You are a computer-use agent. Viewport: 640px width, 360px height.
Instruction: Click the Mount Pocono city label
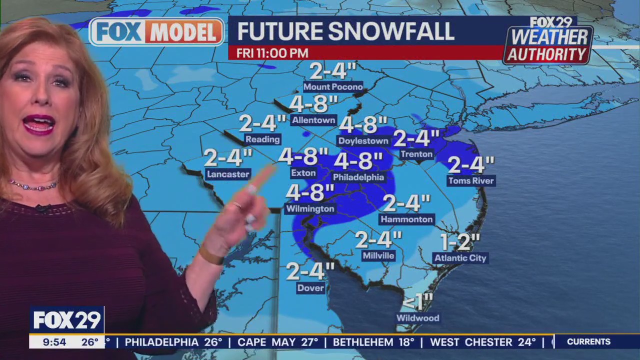pyautogui.click(x=333, y=87)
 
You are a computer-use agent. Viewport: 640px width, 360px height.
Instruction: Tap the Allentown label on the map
pyautogui.click(x=313, y=120)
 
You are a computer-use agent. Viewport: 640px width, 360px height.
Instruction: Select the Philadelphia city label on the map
pyautogui.click(x=358, y=177)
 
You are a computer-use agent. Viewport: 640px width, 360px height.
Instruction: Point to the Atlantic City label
pyautogui.click(x=460, y=258)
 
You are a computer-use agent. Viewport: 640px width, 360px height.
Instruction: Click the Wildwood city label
pyautogui.click(x=417, y=318)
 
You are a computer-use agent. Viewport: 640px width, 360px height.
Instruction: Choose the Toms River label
pyautogui.click(x=470, y=181)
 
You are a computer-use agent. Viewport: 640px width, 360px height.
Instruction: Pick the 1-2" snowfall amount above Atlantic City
pyautogui.click(x=460, y=242)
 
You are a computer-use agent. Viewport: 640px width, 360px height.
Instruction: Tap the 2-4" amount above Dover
pyautogui.click(x=310, y=271)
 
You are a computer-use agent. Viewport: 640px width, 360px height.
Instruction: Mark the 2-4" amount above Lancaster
pyautogui.click(x=228, y=158)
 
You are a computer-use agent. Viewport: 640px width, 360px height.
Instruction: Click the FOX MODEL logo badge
pyautogui.click(x=156, y=32)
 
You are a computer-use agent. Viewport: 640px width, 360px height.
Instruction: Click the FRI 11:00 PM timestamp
pyautogui.click(x=272, y=53)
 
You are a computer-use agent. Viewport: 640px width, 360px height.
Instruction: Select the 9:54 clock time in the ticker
pyautogui.click(x=54, y=342)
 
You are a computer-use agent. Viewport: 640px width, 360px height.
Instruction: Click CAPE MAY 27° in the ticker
pyautogui.click(x=277, y=342)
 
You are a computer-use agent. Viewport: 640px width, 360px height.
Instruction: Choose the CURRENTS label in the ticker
pyautogui.click(x=588, y=342)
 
